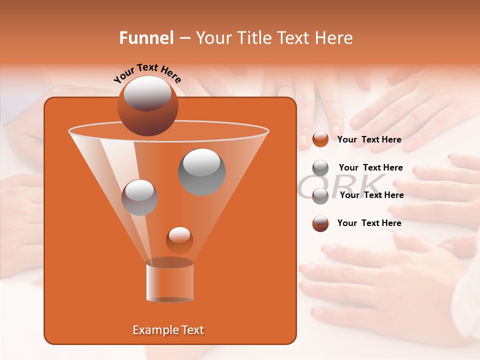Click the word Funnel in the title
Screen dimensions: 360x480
click(146, 38)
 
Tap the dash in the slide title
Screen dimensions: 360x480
click(184, 38)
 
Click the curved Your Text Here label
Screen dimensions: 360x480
click(147, 72)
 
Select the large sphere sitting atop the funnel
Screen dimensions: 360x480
click(147, 105)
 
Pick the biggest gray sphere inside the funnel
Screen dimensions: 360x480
click(201, 171)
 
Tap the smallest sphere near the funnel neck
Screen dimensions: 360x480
click(179, 240)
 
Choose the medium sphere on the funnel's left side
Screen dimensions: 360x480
click(139, 197)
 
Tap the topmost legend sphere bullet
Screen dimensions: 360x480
click(320, 139)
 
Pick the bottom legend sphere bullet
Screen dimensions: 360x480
click(320, 223)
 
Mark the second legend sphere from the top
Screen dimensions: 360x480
click(320, 168)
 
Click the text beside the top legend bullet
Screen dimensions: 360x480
click(369, 139)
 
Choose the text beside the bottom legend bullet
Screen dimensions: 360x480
click(369, 223)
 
